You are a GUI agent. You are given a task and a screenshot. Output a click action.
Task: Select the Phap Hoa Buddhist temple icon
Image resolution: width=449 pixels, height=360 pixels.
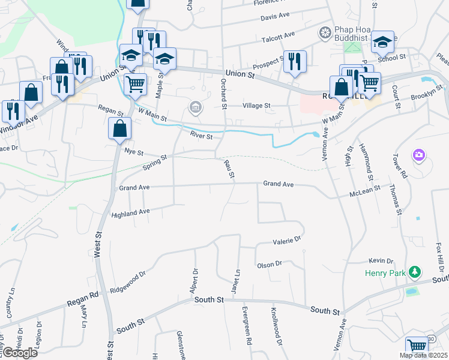325,32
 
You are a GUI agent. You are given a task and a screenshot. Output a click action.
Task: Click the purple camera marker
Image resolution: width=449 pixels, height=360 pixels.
418,155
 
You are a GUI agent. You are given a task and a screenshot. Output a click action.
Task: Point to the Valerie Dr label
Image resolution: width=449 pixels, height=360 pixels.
286,241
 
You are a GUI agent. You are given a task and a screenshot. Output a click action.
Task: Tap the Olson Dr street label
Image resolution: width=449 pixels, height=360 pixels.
269,265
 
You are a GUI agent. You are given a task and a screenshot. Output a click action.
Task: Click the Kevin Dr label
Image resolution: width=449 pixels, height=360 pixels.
381,261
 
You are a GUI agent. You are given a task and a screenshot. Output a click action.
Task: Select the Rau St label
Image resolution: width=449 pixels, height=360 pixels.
229,169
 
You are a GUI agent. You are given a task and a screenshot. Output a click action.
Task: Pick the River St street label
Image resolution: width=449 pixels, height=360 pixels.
201,136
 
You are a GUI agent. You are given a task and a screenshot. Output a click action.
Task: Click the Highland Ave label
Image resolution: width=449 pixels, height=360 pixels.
130,213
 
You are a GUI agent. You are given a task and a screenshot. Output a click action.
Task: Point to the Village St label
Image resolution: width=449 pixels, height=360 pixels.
258,106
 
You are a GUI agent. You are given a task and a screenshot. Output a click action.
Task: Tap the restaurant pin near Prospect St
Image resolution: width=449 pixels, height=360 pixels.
295,62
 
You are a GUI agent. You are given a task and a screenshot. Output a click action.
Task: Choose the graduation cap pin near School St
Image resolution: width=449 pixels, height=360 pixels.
382,42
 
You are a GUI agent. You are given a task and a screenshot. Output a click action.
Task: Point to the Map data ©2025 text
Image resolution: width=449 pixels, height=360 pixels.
423,355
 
